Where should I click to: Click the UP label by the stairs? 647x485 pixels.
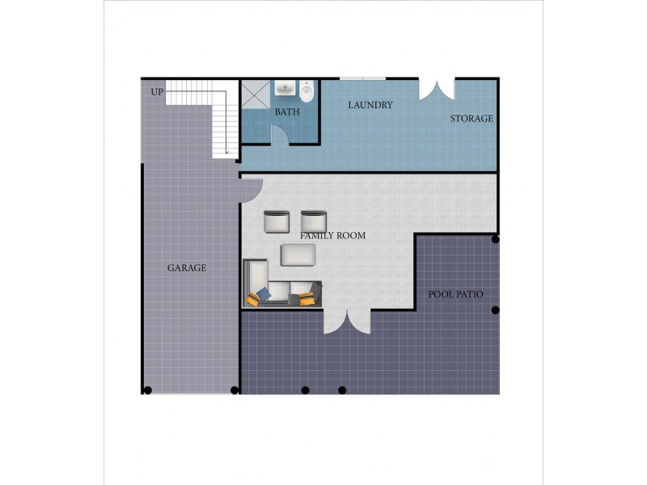[x=157, y=92]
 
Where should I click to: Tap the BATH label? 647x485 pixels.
[x=286, y=112]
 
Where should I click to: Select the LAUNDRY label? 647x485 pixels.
[x=370, y=105]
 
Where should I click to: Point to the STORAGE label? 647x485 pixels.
[x=472, y=119]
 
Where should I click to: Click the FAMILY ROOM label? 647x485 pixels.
[x=333, y=236]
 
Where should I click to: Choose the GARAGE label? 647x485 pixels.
[x=187, y=268]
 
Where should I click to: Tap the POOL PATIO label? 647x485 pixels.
[x=456, y=294]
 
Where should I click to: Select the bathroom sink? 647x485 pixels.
[x=285, y=88]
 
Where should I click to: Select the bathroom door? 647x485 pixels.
[x=280, y=135]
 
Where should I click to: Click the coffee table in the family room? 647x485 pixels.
[x=298, y=255]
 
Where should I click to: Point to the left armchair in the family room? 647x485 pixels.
[x=277, y=221]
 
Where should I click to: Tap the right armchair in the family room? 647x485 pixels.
[x=313, y=221]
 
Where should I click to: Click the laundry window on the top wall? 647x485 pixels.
[x=362, y=78]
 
